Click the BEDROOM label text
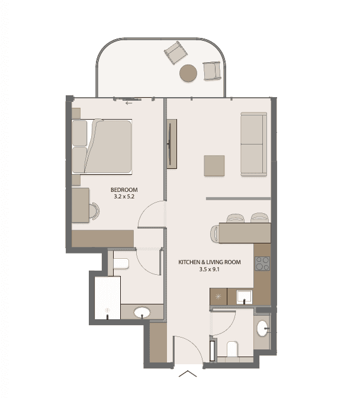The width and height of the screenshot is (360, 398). pos(124,190)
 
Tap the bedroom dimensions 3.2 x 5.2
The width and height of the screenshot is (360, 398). pos(124,197)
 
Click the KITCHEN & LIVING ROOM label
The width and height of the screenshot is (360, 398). pos(210,262)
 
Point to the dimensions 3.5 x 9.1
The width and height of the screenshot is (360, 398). pos(209,269)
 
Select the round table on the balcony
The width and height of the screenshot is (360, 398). pos(188,73)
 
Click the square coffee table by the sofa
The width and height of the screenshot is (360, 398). pos(214,166)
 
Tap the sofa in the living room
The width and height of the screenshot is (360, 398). pos(253,144)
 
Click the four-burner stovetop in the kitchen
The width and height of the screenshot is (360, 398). pos(262,264)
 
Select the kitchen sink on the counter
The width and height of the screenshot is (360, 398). pos(245,297)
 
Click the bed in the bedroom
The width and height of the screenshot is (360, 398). pos(102,146)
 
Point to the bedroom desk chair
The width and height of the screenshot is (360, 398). pos(94,211)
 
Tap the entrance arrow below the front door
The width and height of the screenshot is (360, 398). pos(188,374)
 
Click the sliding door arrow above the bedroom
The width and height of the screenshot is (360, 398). pos(129,103)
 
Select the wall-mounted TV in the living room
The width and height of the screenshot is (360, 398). pos(172,144)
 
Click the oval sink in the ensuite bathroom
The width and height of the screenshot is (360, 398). pos(142,313)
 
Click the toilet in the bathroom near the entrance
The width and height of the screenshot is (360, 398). pos(232,349)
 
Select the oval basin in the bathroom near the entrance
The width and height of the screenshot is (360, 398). pos(262,328)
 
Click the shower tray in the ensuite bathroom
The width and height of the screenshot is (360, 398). pos(107,298)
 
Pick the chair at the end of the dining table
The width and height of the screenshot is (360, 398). pos(214,233)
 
